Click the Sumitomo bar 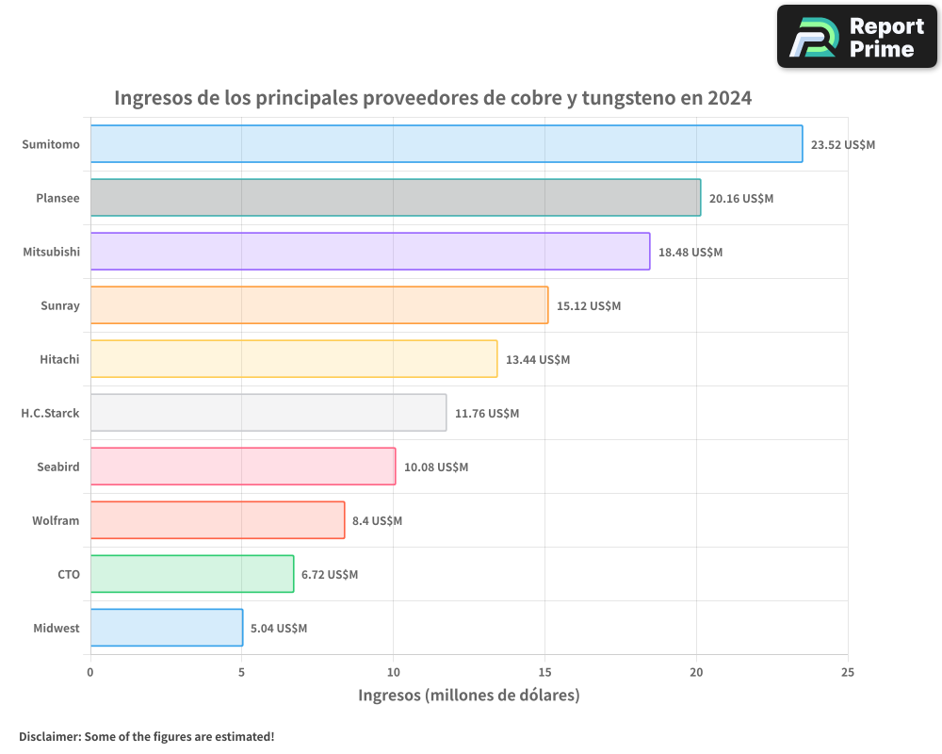(447, 144)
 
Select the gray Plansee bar (396, 198)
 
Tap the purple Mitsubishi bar (370, 252)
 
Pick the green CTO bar (192, 574)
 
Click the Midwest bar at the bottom (167, 628)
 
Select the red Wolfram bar (218, 520)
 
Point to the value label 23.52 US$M (843, 145)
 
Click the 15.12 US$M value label (589, 306)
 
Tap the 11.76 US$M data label (487, 414)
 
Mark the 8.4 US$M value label (377, 521)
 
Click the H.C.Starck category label (50, 413)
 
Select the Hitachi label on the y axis (59, 359)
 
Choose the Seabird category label (57, 467)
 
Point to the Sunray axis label (60, 305)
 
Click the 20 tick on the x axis (696, 672)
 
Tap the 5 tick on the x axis (242, 672)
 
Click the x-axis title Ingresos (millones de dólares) (468, 696)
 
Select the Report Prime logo (856, 37)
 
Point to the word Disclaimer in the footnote (48, 736)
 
